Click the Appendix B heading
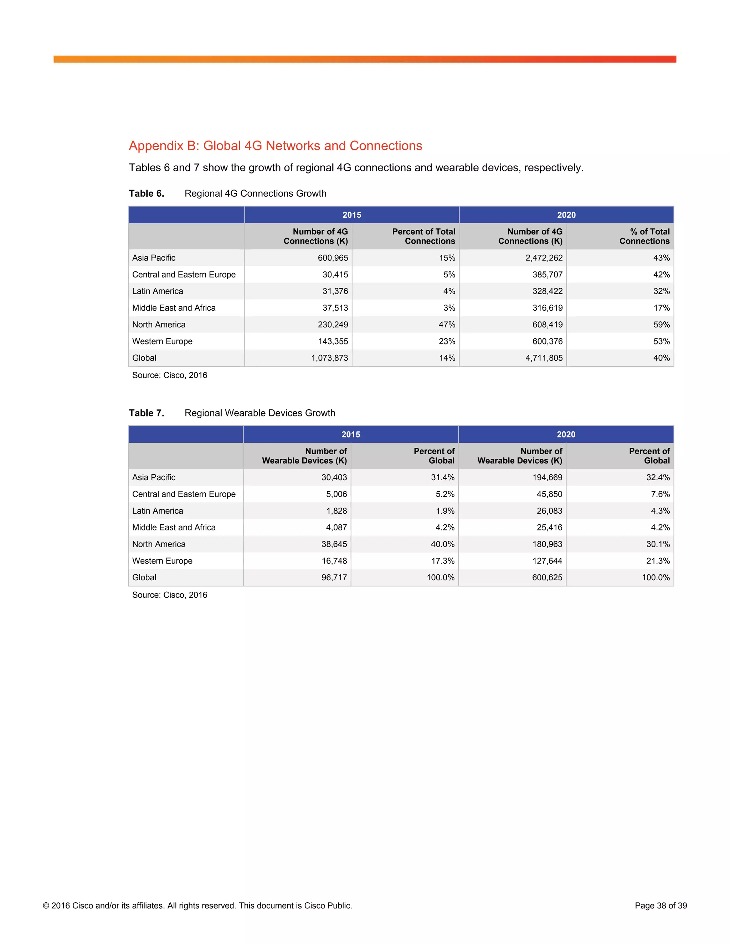(x=275, y=146)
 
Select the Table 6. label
(x=146, y=193)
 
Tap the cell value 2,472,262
(x=544, y=258)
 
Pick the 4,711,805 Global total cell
(x=544, y=358)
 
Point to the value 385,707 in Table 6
(x=547, y=274)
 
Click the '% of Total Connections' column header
(x=644, y=237)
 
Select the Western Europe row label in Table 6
(x=162, y=342)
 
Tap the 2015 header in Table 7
(x=350, y=434)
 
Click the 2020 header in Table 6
(x=566, y=215)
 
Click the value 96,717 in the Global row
(x=334, y=577)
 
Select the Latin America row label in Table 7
(x=158, y=511)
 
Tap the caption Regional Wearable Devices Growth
(x=259, y=413)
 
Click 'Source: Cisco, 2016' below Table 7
(x=170, y=595)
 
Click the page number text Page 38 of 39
(x=660, y=906)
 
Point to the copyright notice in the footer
(x=197, y=906)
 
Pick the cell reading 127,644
(x=547, y=561)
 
